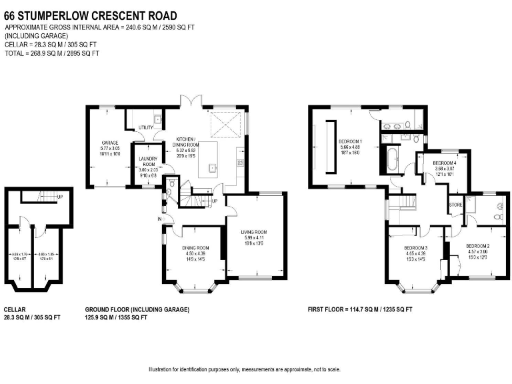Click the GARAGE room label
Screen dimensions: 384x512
click(110, 142)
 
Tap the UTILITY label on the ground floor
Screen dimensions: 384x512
click(145, 128)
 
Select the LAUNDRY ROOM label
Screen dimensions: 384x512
click(148, 161)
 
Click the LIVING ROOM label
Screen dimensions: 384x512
click(254, 233)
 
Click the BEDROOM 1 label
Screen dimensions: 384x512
click(350, 142)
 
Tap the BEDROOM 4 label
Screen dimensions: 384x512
click(445, 163)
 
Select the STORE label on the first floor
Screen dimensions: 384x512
click(456, 205)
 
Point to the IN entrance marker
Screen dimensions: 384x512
click(161, 219)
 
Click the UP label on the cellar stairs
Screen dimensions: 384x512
click(61, 197)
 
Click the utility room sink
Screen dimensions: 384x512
click(157, 119)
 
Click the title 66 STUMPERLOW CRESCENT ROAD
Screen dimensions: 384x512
click(91, 15)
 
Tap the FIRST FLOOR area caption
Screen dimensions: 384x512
click(360, 310)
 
